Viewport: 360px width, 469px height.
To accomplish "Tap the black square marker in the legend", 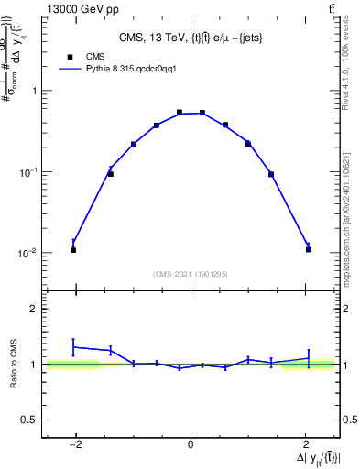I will [70, 56].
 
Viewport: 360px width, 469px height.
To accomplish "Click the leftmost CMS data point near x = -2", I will [73, 249].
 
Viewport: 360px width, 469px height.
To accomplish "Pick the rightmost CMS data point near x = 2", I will [309, 249].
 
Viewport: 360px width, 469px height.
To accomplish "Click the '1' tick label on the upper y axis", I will [35, 91].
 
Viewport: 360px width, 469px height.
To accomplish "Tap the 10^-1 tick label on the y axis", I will [30, 171].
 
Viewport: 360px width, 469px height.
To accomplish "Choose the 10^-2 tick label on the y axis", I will [30, 253].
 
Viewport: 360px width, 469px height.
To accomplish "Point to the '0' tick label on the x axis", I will [191, 446].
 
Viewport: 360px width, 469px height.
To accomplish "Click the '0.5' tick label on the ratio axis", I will [30, 420].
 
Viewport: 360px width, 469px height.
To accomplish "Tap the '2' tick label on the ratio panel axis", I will [35, 310].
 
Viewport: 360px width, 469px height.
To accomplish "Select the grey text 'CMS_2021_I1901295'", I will [191, 274].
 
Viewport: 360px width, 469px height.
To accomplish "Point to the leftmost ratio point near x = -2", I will [73, 347].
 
